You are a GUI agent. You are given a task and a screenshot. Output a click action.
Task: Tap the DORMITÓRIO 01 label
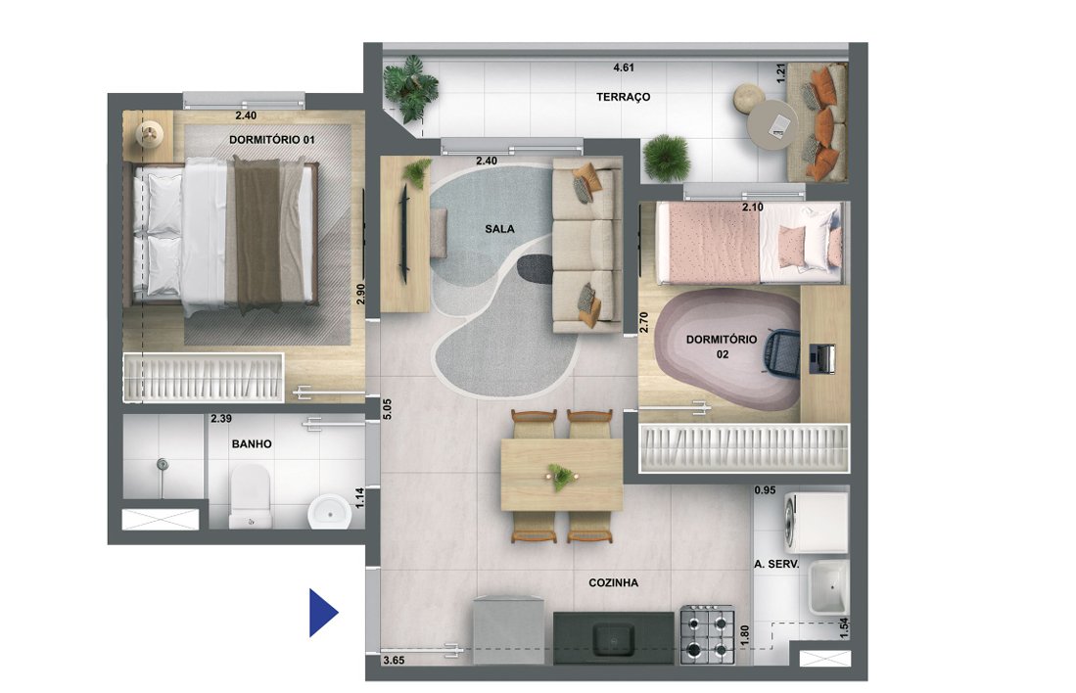pos(272,140)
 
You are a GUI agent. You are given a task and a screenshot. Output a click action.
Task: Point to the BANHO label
pos(252,443)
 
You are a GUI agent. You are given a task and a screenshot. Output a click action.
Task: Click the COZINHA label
pos(613,582)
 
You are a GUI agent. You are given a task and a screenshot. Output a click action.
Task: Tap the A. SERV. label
pos(777,565)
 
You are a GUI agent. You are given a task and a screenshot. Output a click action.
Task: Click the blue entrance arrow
pos(322,613)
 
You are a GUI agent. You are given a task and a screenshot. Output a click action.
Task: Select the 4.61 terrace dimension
pos(623,69)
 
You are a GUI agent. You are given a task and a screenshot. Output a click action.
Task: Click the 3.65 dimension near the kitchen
pos(394,661)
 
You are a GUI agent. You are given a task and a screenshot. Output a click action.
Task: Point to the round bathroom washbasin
pos(325,510)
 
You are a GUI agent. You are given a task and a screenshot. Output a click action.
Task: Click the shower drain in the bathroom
pos(164,465)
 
